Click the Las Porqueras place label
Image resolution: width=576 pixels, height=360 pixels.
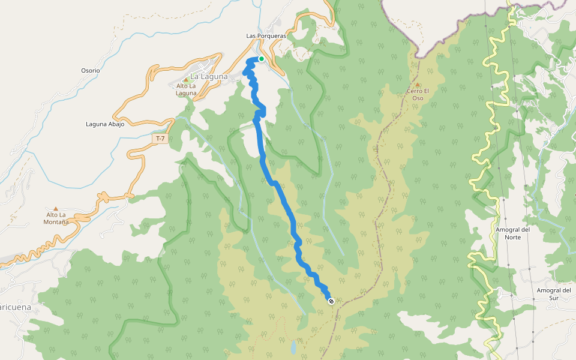[266, 36]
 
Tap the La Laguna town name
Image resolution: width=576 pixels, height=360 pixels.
[209, 77]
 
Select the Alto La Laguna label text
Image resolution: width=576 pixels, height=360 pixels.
[186, 89]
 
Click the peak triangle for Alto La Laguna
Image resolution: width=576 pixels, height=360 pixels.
[186, 79]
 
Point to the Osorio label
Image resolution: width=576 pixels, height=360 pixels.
[91, 70]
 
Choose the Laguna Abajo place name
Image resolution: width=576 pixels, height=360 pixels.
[105, 124]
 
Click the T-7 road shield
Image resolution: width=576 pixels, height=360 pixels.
[160, 139]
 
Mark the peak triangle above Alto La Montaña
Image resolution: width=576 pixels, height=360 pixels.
[56, 208]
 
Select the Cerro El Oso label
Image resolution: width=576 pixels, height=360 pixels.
[418, 94]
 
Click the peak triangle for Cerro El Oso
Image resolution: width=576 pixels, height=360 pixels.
[418, 85]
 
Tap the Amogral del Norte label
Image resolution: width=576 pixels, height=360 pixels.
[513, 233]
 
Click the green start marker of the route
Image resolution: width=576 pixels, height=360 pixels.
[262, 58]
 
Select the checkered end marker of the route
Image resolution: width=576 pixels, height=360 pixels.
[331, 301]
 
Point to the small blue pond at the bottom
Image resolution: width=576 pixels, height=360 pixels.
[292, 347]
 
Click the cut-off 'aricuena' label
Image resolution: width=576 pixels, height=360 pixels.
[14, 307]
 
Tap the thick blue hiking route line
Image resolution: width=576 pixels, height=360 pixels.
[283, 198]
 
